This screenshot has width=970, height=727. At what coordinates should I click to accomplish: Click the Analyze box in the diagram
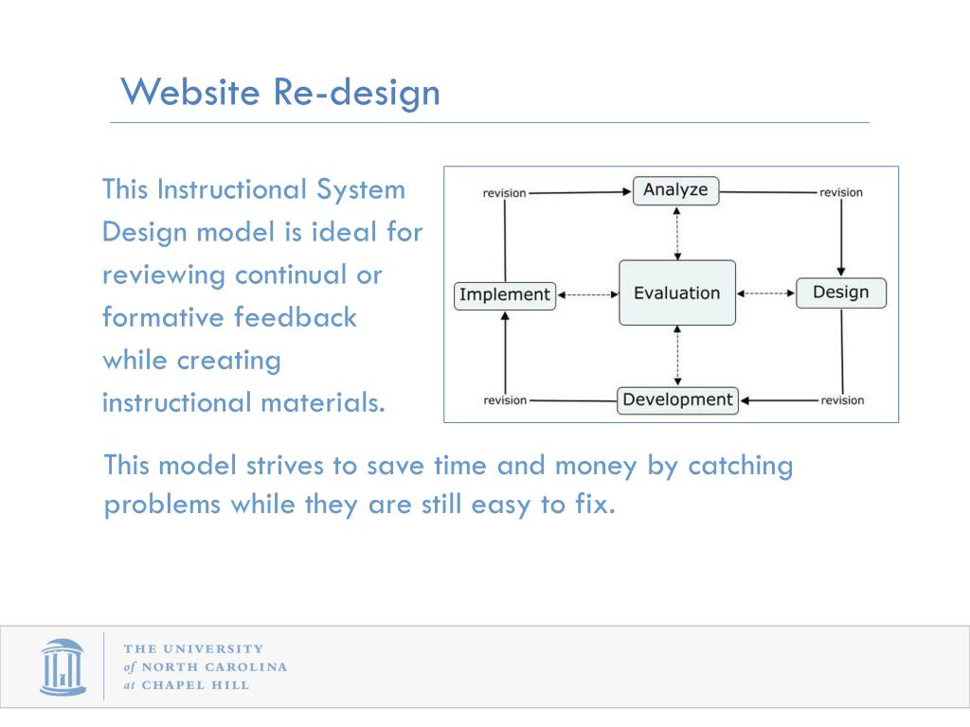coord(675,190)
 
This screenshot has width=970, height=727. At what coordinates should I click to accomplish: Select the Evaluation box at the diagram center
coord(676,293)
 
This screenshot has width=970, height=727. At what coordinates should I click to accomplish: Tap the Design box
coord(840,293)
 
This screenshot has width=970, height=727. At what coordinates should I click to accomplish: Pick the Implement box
coord(504,294)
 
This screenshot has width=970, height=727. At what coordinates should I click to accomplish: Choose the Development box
coord(677,399)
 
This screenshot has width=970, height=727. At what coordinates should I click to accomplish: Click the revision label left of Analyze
coord(504,193)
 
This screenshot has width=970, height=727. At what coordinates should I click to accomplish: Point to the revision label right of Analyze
coord(841,193)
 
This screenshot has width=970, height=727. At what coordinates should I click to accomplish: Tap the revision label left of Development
coord(505,400)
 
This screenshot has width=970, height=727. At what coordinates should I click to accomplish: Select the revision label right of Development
coord(842,400)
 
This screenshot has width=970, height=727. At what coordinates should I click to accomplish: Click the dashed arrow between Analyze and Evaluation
coord(677,233)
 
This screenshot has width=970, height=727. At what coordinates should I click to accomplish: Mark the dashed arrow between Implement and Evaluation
coord(587,294)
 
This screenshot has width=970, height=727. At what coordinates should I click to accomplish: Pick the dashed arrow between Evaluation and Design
coord(765,293)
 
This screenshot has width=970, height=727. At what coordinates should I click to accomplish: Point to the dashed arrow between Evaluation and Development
coord(677,356)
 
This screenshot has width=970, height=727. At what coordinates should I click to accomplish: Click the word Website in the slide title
coord(190,92)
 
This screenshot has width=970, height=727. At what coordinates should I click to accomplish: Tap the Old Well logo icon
coord(63,667)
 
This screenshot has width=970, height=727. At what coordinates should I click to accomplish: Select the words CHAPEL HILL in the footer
coord(195,685)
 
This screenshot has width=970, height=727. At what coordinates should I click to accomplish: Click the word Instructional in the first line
coord(230,189)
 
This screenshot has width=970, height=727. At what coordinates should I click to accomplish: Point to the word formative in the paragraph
coord(163,317)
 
